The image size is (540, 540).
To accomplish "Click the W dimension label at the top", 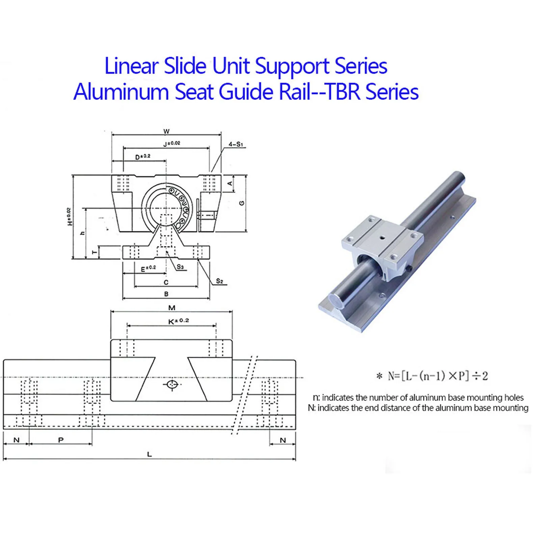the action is (x=166, y=131).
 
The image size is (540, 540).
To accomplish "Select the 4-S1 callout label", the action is (x=236, y=144).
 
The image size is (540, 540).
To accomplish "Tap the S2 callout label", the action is (x=219, y=281).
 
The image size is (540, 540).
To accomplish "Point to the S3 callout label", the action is (x=181, y=267).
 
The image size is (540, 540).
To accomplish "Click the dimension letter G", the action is (x=241, y=203).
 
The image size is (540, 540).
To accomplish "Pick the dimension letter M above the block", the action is (x=172, y=308).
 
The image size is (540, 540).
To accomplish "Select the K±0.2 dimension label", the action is (x=179, y=321).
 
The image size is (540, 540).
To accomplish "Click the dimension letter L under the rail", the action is (x=150, y=454).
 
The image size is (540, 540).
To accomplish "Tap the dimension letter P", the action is (x=61, y=440).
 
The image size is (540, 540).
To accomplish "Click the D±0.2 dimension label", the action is (x=142, y=157).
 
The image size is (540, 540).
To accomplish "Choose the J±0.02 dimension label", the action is (x=172, y=143).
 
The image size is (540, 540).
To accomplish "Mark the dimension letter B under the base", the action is (x=166, y=294).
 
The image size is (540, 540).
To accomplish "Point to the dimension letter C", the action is (x=166, y=282).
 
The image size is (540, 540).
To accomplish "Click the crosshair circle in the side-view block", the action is (x=172, y=384).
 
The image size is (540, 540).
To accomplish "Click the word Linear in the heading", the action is (x=132, y=66).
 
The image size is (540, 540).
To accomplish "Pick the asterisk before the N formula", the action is (x=380, y=376).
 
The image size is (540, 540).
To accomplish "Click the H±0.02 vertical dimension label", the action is (x=70, y=217).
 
